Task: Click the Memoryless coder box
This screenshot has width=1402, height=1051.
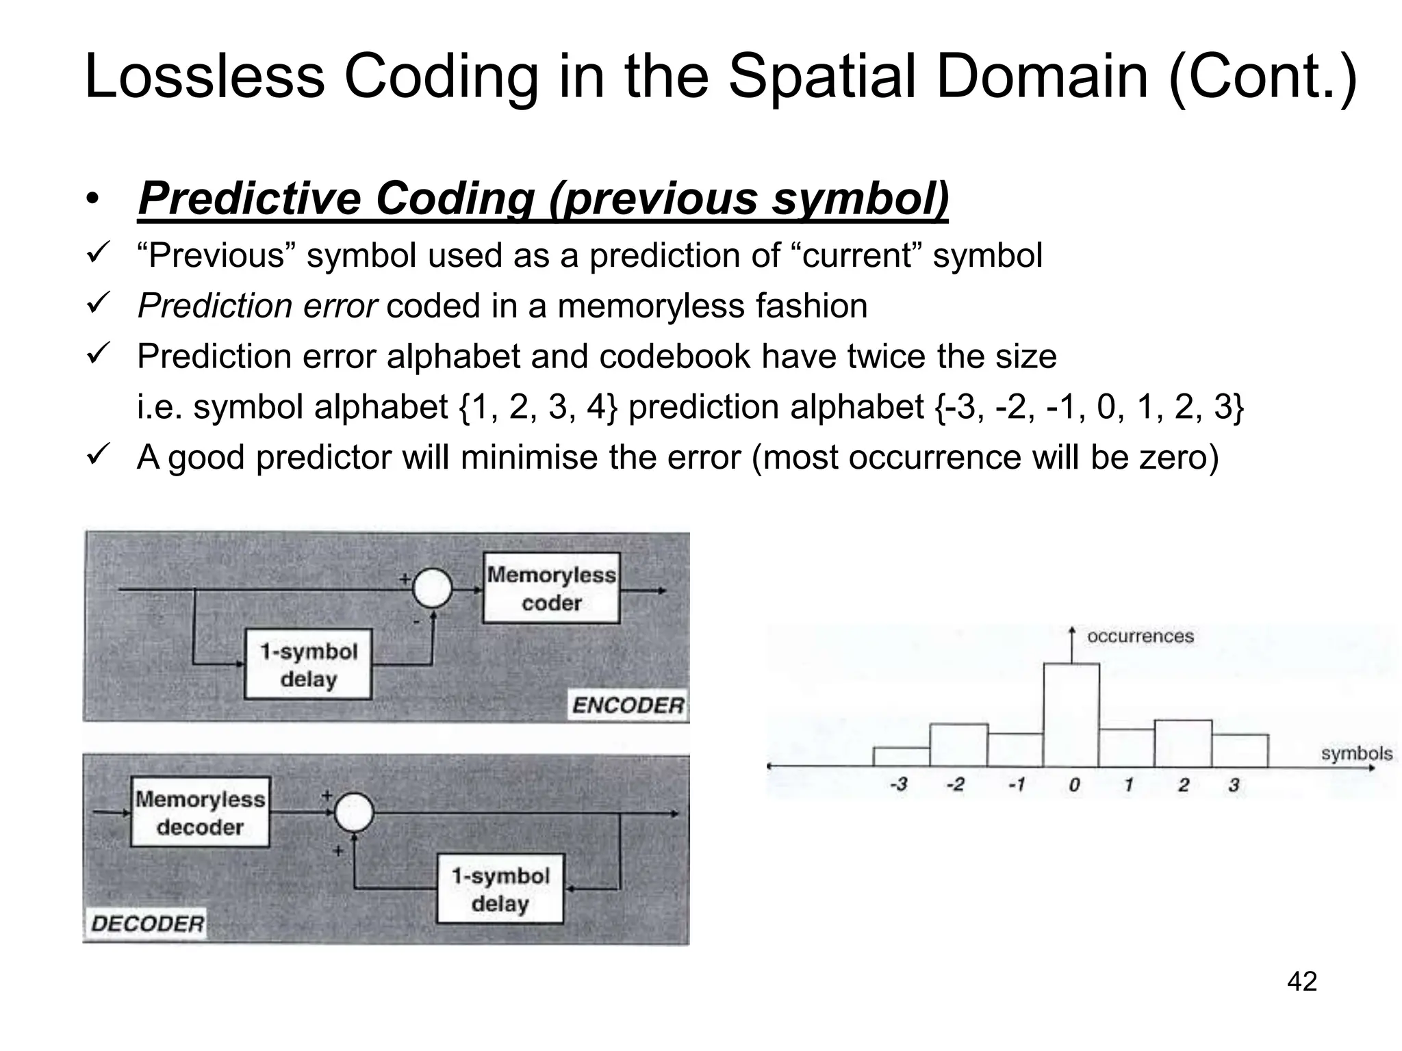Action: tap(551, 588)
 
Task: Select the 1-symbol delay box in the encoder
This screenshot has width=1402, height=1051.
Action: tap(308, 664)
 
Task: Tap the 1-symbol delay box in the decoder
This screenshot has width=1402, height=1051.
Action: tap(500, 889)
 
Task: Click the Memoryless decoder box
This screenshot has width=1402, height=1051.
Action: tap(200, 812)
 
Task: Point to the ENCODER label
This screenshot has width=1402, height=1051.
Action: tap(628, 705)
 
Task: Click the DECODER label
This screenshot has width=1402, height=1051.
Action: tap(147, 924)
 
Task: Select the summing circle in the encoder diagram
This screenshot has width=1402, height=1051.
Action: tap(433, 588)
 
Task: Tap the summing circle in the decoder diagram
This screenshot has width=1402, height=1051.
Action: tap(354, 813)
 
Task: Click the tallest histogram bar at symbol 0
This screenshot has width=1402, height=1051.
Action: tap(1071, 715)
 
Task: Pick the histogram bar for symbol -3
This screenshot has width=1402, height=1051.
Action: tap(902, 757)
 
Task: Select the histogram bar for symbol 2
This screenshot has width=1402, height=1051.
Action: tap(1183, 744)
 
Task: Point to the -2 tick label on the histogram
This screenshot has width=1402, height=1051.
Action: tap(955, 785)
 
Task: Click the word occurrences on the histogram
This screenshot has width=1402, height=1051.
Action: tap(1140, 636)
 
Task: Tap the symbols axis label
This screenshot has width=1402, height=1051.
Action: tap(1356, 753)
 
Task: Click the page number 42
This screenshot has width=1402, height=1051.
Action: tap(1301, 981)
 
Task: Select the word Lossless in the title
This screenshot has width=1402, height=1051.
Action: tap(204, 77)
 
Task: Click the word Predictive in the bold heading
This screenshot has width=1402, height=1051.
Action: tap(249, 198)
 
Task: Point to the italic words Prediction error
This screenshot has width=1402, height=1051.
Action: tap(257, 306)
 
